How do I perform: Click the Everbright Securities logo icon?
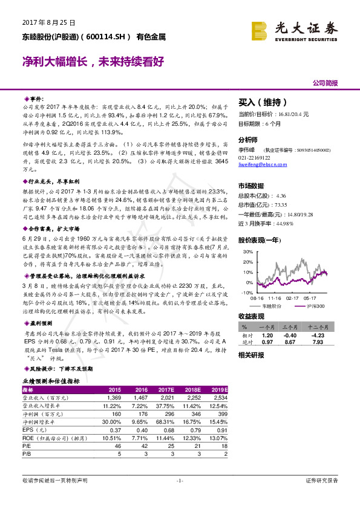tap(260, 30)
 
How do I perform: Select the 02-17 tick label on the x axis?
tap(293, 298)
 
